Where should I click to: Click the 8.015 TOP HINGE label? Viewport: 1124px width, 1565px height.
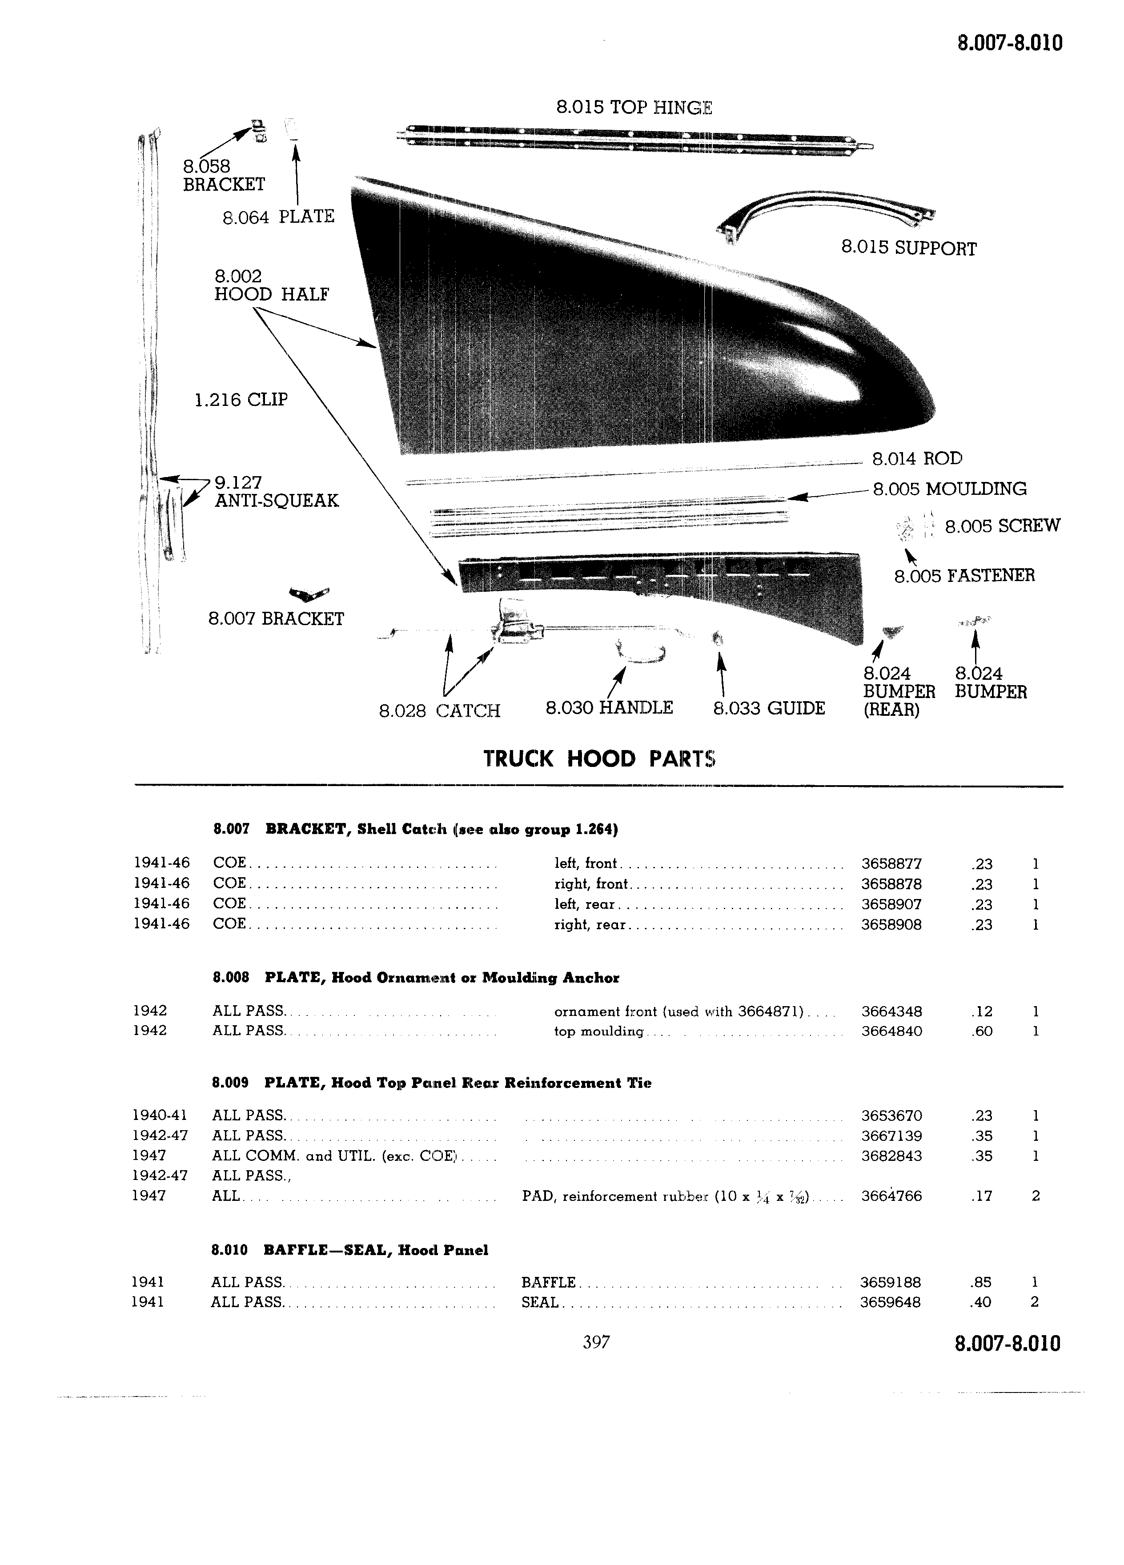click(634, 108)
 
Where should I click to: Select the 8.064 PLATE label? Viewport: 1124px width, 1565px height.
click(278, 217)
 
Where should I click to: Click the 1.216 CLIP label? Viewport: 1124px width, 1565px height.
click(241, 400)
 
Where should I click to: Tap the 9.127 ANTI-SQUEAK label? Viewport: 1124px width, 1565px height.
click(277, 491)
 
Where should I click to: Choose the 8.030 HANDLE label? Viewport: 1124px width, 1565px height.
click(609, 708)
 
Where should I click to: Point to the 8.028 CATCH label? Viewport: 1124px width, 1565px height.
click(440, 711)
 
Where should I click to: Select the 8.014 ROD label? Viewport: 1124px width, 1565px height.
click(917, 459)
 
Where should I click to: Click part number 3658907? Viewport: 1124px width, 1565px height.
click(891, 904)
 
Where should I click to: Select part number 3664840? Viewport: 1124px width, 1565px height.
click(891, 1031)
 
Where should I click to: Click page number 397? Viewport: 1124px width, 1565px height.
click(596, 1342)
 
